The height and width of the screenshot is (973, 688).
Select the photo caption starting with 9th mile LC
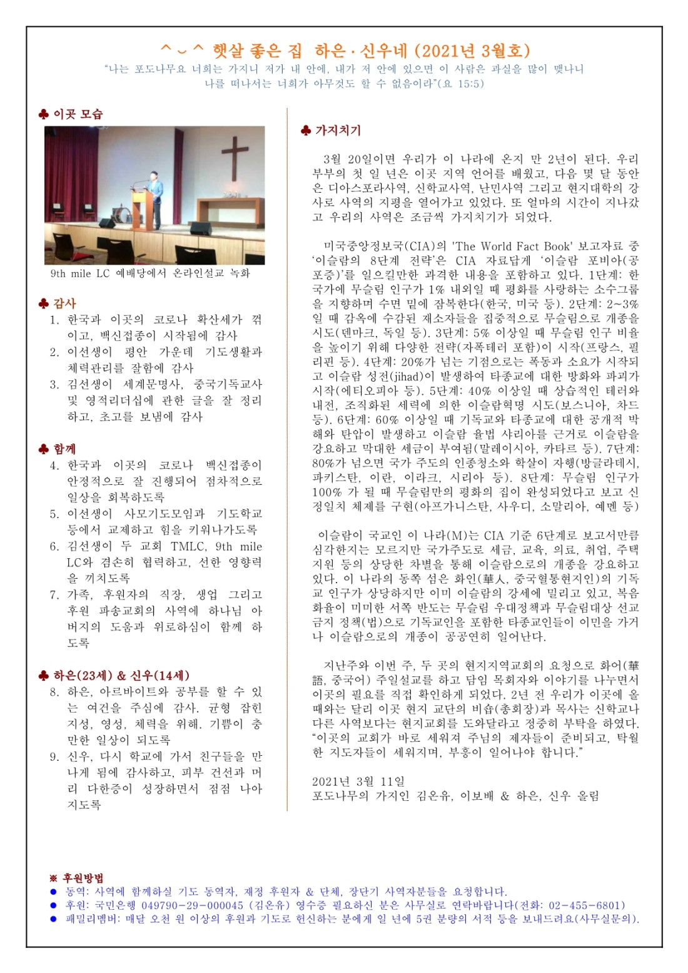click(150, 273)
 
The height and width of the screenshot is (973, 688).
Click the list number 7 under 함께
click(55, 594)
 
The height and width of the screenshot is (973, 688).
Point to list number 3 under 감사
click(55, 384)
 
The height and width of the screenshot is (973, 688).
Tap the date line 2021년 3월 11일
click(358, 782)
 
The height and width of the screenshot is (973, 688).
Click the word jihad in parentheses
click(422, 376)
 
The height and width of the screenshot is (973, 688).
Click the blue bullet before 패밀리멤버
click(54, 919)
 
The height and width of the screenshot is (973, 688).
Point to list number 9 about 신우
click(55, 756)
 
